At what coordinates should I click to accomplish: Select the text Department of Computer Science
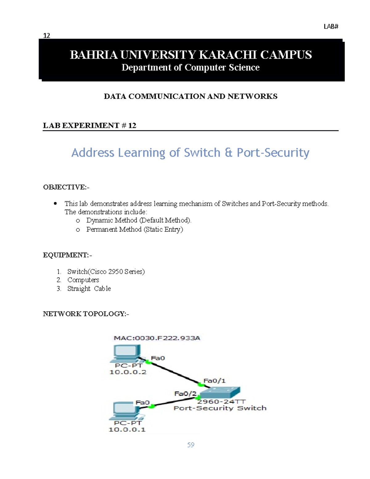click(191, 68)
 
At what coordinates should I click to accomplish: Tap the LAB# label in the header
click(331, 27)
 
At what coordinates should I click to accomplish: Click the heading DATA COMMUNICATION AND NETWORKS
click(191, 97)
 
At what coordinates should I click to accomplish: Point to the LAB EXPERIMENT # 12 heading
click(89, 126)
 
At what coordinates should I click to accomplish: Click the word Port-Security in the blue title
click(273, 153)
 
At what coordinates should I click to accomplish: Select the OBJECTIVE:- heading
click(66, 187)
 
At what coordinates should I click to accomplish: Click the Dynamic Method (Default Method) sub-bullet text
click(139, 220)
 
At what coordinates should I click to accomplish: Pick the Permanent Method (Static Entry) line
click(134, 229)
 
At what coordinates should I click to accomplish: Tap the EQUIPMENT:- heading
click(67, 255)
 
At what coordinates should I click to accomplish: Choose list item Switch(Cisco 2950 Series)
click(106, 272)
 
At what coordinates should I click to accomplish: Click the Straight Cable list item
click(89, 289)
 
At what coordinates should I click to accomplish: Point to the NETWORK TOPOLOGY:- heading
click(86, 314)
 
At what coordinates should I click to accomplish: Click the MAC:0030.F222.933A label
click(157, 338)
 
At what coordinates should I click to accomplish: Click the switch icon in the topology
click(220, 392)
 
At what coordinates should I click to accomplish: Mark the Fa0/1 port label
click(214, 381)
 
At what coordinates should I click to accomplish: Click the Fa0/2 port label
click(185, 394)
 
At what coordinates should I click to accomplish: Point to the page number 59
click(191, 445)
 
